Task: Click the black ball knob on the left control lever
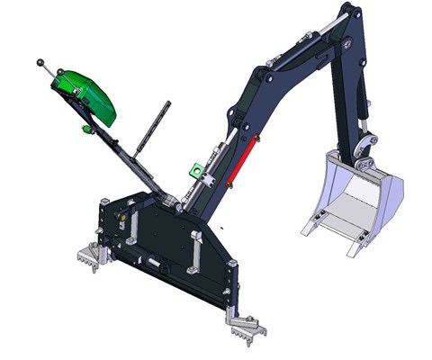[40, 62]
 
